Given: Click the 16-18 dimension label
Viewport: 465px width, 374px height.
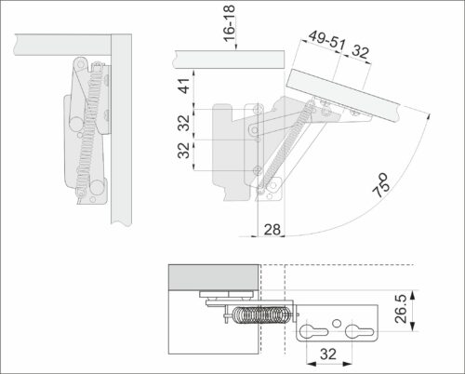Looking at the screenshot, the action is (x=230, y=23).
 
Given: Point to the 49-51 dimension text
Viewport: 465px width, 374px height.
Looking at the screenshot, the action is (x=326, y=41).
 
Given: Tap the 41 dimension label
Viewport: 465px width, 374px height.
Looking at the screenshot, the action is (x=184, y=86).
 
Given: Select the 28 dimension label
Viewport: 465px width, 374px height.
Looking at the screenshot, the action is (x=272, y=230).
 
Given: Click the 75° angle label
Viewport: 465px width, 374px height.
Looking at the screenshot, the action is (x=381, y=185).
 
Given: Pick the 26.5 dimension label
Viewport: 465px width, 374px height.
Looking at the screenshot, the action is (x=401, y=309).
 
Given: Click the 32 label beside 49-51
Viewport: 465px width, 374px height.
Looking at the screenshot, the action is (x=360, y=52).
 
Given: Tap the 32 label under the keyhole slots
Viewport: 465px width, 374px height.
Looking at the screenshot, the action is (x=328, y=354).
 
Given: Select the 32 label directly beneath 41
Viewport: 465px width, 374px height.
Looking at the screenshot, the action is (x=184, y=123).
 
